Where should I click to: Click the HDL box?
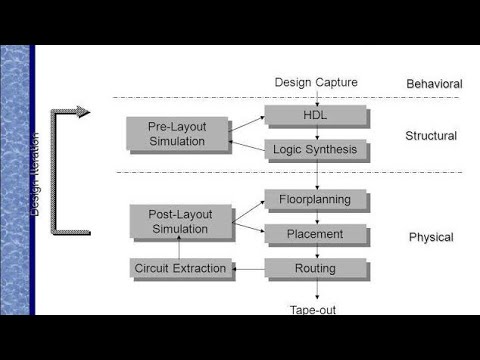pos(316,116)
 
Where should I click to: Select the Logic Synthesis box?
pos(316,150)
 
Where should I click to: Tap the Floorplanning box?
pos(316,200)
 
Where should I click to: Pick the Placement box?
pos(316,234)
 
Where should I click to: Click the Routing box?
pos(316,268)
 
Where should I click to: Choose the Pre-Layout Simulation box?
pos(176,134)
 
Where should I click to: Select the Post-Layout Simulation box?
pos(178,221)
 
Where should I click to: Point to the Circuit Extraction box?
pos(180,268)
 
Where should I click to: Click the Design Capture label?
pos(316,82)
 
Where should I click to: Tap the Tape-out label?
pos(313,310)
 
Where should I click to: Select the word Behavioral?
pos(434,84)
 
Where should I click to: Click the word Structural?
pos(431,136)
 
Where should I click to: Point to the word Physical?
pos(431,238)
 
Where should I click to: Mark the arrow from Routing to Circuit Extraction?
pos(248,268)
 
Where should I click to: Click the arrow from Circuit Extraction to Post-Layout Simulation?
pos(179,248)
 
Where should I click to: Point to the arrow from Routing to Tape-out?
pos(317,290)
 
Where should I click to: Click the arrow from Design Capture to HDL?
pos(317,97)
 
